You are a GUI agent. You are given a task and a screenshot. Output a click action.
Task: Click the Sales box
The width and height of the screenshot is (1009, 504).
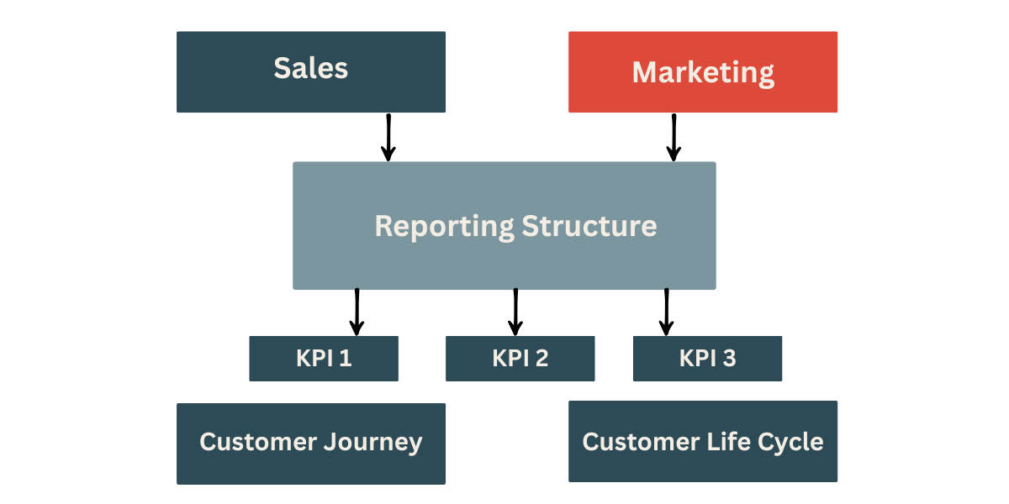coord(310,71)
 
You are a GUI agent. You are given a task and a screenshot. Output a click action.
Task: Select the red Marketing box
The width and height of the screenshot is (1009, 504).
coord(703,71)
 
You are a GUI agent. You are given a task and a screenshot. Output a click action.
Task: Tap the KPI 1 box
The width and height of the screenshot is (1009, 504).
coord(324,359)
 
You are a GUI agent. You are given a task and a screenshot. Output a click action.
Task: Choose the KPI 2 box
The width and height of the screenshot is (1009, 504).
coord(520,359)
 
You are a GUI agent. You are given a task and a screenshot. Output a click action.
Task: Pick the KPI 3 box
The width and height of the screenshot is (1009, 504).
coord(707,359)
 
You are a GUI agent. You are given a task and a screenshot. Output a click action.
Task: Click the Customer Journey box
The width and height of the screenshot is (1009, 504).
coord(310,444)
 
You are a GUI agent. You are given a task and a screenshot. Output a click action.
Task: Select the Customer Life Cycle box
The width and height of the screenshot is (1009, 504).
coord(703,442)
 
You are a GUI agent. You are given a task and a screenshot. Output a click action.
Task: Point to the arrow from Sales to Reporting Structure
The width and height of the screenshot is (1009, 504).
coord(388,137)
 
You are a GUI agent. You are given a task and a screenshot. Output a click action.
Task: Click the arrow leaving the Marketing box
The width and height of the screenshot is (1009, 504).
coord(674,137)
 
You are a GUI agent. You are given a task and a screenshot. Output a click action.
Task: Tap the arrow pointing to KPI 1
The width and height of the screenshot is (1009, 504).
coord(357,312)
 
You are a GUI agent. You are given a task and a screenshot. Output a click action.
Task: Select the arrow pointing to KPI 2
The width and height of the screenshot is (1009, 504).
coord(515,312)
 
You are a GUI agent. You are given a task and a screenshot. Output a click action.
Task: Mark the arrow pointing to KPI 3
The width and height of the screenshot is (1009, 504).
coord(666,312)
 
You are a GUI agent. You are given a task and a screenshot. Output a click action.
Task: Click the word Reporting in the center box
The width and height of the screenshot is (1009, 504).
coord(444,227)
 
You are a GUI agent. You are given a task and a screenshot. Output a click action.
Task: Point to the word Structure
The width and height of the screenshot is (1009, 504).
coord(589,226)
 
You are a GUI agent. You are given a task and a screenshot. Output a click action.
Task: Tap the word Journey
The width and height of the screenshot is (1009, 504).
coord(375,443)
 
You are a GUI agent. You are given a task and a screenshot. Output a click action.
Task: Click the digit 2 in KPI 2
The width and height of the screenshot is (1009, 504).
coord(541,359)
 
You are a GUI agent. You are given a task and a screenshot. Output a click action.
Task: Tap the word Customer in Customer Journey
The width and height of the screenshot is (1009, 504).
coord(259,442)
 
